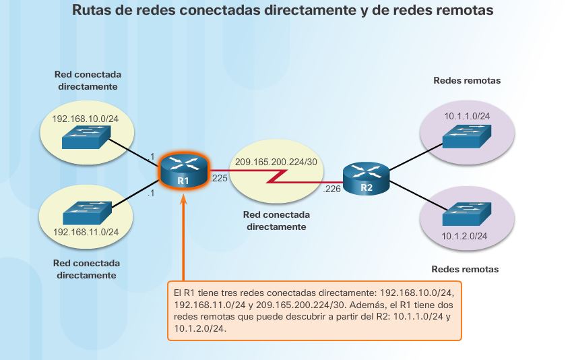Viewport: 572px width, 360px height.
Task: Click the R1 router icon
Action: (x=183, y=171)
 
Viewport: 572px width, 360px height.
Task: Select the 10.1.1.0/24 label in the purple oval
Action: (x=466, y=116)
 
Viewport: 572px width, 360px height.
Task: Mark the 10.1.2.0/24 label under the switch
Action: (x=466, y=236)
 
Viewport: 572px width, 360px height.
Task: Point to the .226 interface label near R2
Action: (x=332, y=190)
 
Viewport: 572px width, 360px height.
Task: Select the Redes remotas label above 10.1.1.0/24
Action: (x=466, y=81)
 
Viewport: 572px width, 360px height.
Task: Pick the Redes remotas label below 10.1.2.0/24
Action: (x=465, y=269)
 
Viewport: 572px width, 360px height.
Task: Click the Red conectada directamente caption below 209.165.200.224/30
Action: (x=276, y=220)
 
